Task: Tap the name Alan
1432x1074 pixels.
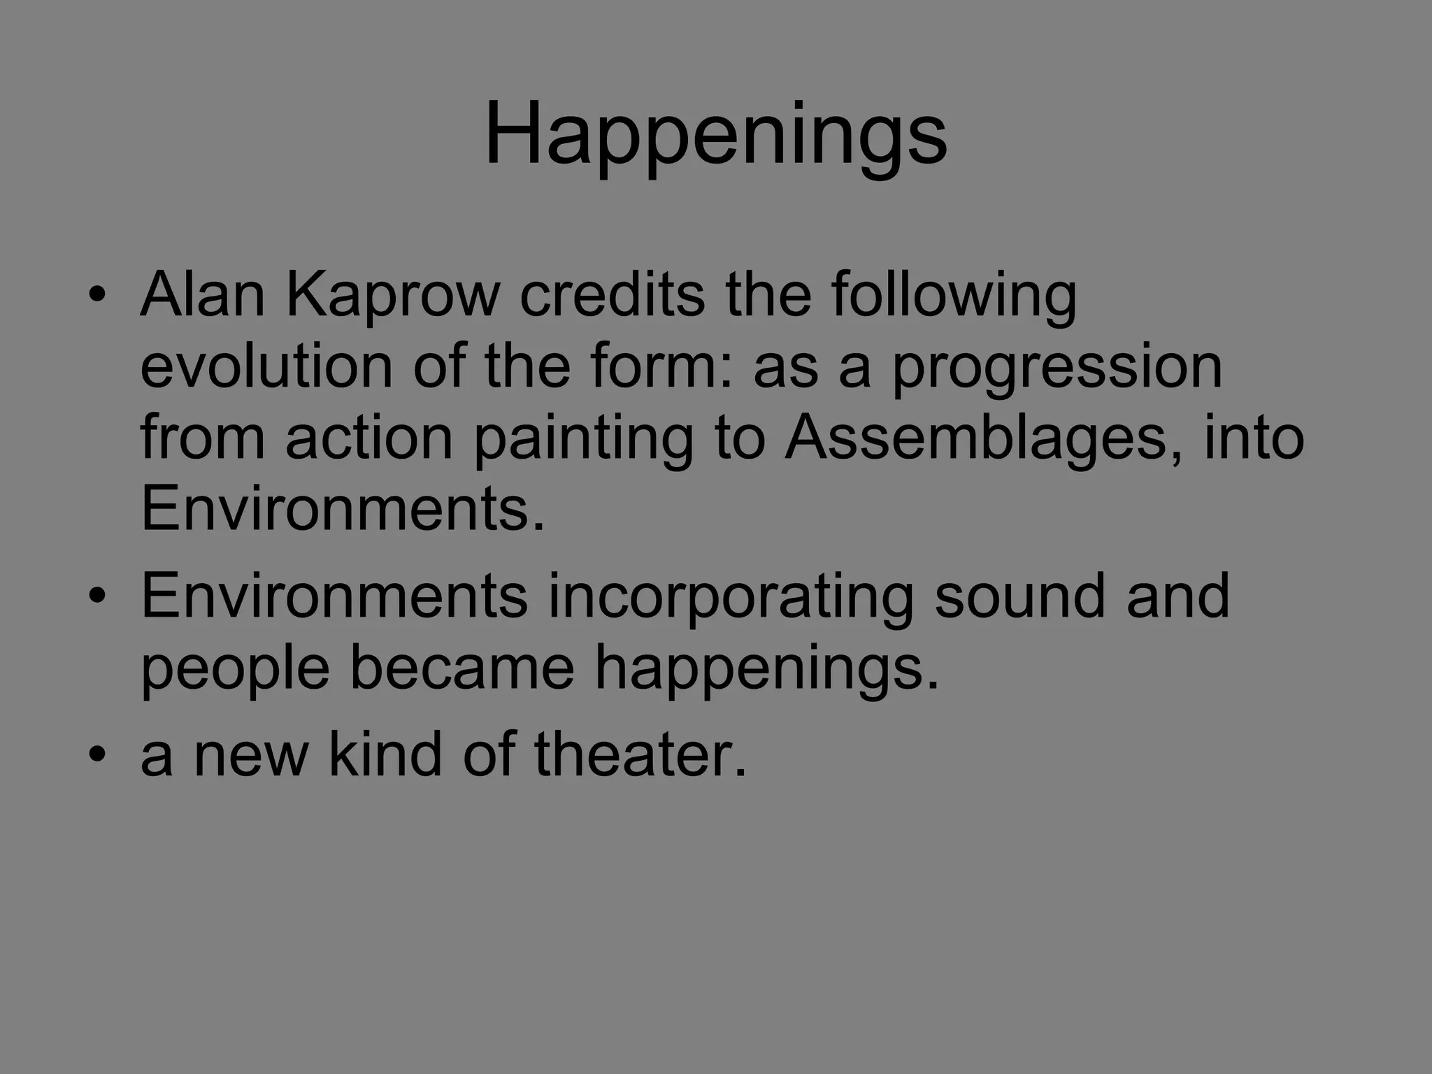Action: point(203,294)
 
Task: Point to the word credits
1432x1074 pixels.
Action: point(612,294)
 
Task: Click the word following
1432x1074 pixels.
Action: point(954,296)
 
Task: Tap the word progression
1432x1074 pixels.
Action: point(1057,368)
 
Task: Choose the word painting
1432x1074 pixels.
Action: point(583,439)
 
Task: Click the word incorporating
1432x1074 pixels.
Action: point(731,596)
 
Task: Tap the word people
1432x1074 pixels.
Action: point(235,669)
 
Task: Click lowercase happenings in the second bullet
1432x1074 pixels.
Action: point(766,669)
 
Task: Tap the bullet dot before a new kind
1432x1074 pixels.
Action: point(97,755)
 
